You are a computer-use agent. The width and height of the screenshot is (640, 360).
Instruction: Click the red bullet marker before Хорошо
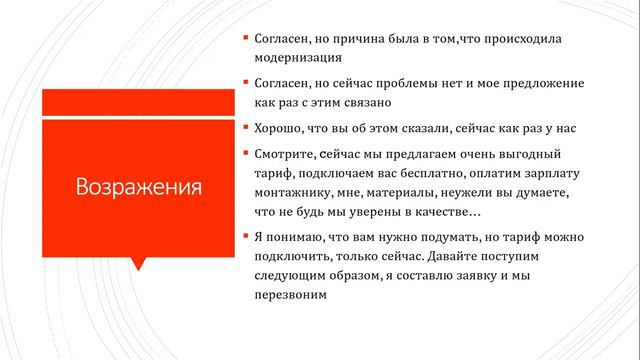[246, 128]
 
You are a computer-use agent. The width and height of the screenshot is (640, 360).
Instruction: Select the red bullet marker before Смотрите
[246, 154]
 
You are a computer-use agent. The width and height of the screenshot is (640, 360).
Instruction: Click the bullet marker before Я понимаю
[246, 238]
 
